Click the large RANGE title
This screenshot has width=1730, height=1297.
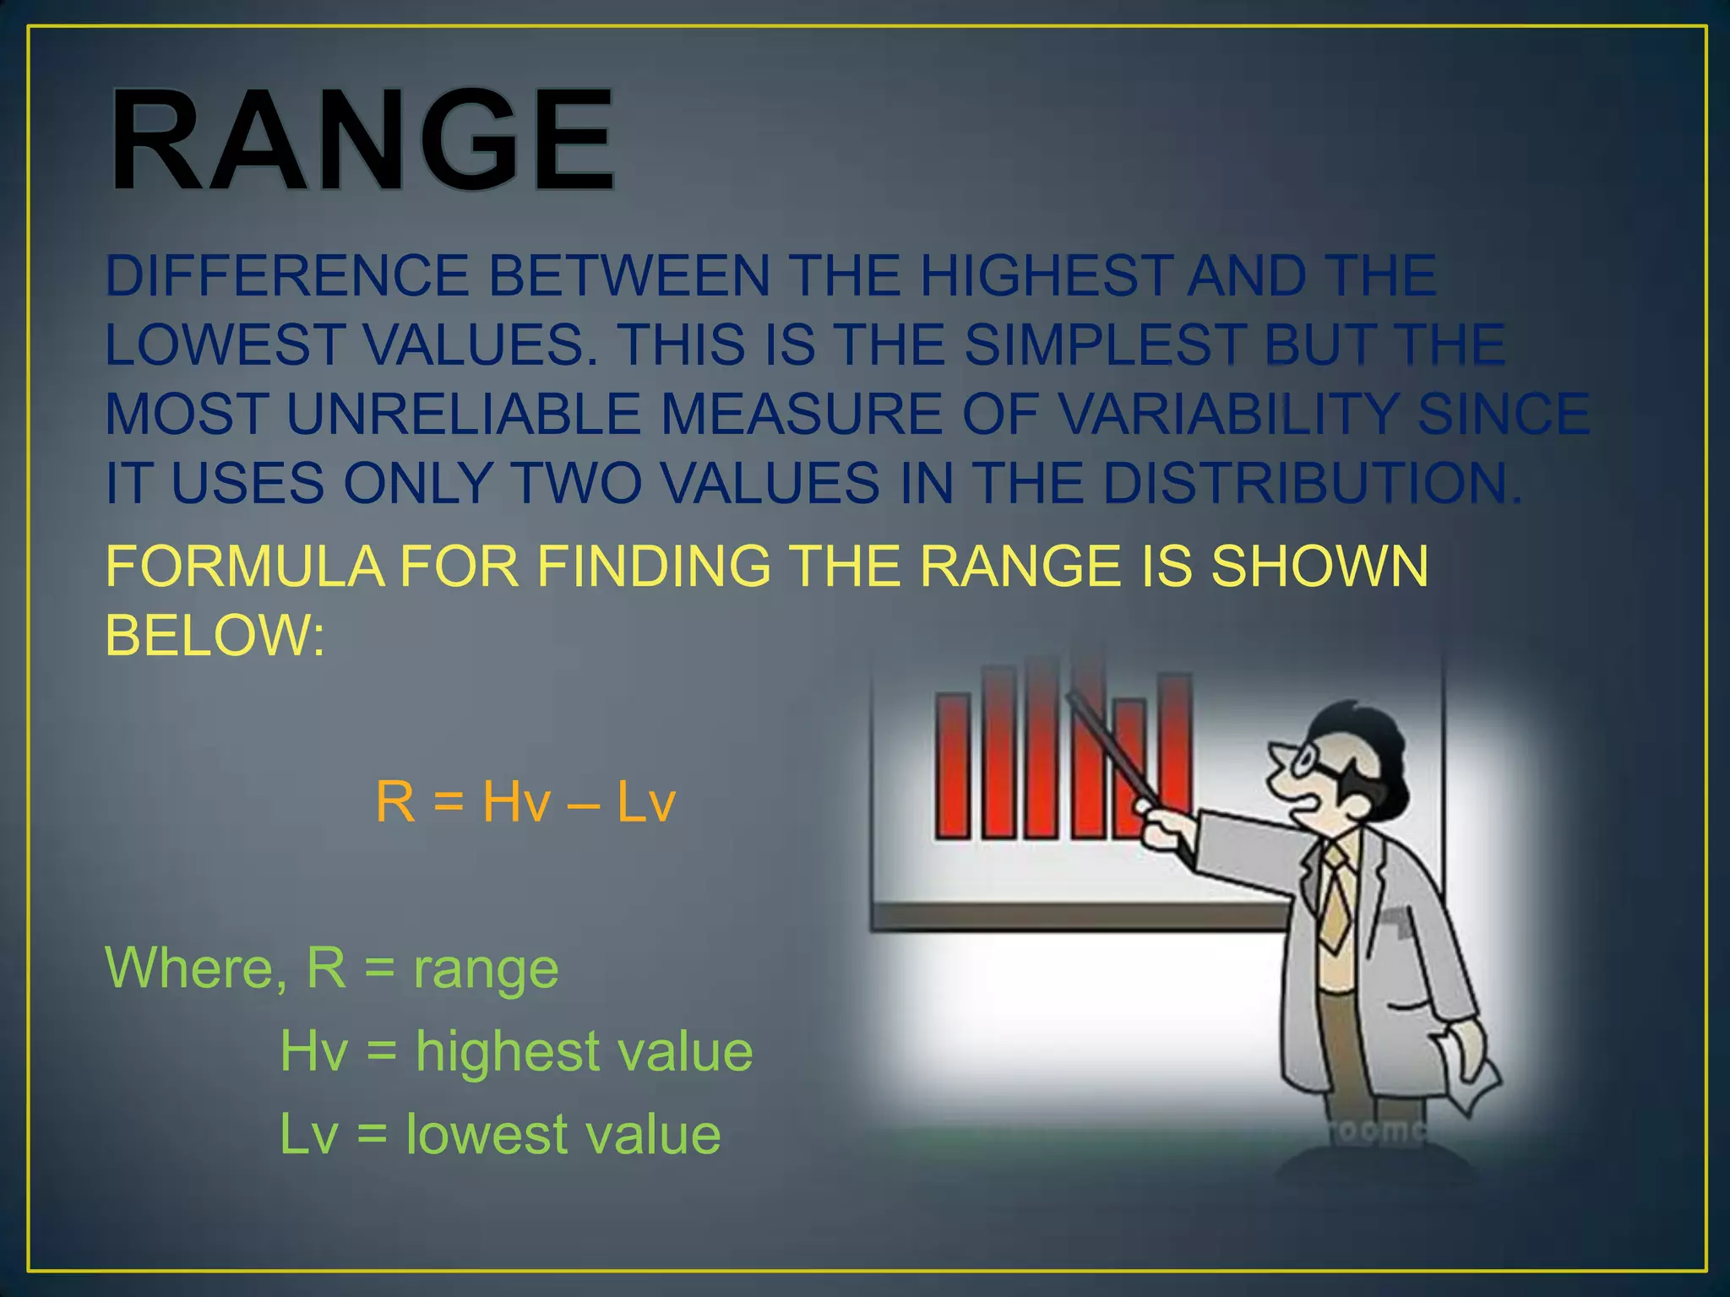362,140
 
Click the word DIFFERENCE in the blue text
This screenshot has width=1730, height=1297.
286,276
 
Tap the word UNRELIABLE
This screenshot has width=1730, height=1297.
463,415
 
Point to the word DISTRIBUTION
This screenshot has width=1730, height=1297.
1309,484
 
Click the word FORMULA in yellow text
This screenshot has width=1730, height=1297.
245,566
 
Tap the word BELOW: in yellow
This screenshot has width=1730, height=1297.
215,635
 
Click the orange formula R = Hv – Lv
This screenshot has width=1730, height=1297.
525,801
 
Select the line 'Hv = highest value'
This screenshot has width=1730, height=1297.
516,1051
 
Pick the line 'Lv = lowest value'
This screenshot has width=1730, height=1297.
500,1134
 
